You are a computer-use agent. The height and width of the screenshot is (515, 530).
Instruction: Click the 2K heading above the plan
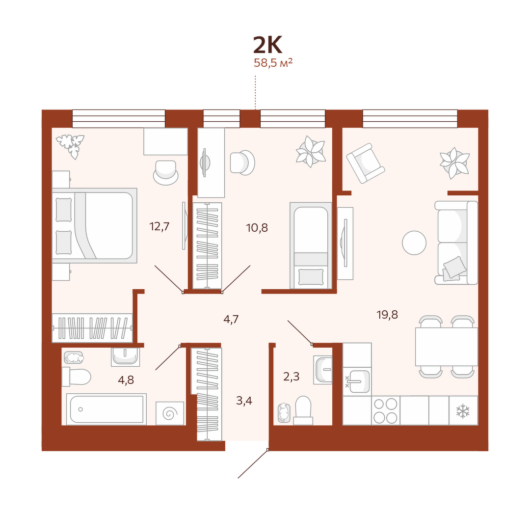click(267, 45)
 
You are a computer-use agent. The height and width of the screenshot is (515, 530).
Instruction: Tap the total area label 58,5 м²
click(273, 62)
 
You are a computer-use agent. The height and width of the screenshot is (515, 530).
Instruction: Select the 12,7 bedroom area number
click(159, 226)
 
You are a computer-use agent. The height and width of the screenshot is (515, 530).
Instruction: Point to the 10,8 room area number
click(257, 228)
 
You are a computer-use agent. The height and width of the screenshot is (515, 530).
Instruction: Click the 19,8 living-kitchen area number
click(387, 315)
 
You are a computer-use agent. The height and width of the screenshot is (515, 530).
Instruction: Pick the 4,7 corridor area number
click(231, 319)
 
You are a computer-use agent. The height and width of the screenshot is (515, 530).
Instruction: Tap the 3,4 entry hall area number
click(244, 401)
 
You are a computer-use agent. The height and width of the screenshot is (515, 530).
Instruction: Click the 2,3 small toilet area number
click(291, 376)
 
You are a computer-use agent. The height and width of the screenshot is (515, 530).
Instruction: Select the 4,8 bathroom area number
click(126, 379)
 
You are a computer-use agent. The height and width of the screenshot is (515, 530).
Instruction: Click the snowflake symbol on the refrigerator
click(463, 411)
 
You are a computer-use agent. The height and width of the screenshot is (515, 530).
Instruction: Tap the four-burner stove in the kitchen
click(386, 410)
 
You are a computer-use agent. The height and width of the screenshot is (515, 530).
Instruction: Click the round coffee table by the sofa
click(414, 243)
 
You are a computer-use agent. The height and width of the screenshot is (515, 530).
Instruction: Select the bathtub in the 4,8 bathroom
click(106, 409)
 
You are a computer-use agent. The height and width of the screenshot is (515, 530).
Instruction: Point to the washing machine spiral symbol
click(170, 413)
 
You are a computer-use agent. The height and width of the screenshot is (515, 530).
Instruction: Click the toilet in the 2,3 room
click(303, 410)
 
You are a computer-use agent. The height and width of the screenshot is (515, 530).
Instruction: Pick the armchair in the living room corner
click(366, 163)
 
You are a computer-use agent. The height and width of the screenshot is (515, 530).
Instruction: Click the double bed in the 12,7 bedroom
click(95, 225)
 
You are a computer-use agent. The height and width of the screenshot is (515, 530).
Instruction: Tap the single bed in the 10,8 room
click(311, 246)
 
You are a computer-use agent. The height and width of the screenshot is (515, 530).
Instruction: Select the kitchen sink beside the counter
click(357, 381)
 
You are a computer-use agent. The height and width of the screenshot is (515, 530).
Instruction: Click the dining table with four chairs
click(447, 347)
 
